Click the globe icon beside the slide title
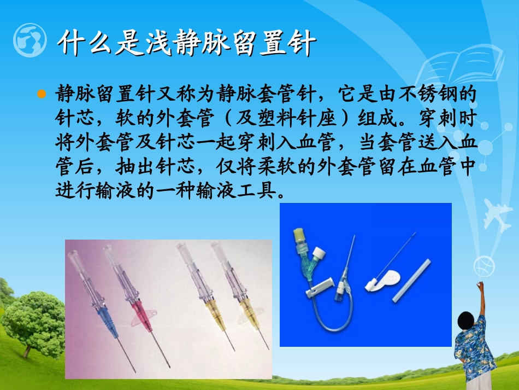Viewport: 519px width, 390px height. point(29,40)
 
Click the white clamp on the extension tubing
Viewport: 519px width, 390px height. point(320,288)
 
